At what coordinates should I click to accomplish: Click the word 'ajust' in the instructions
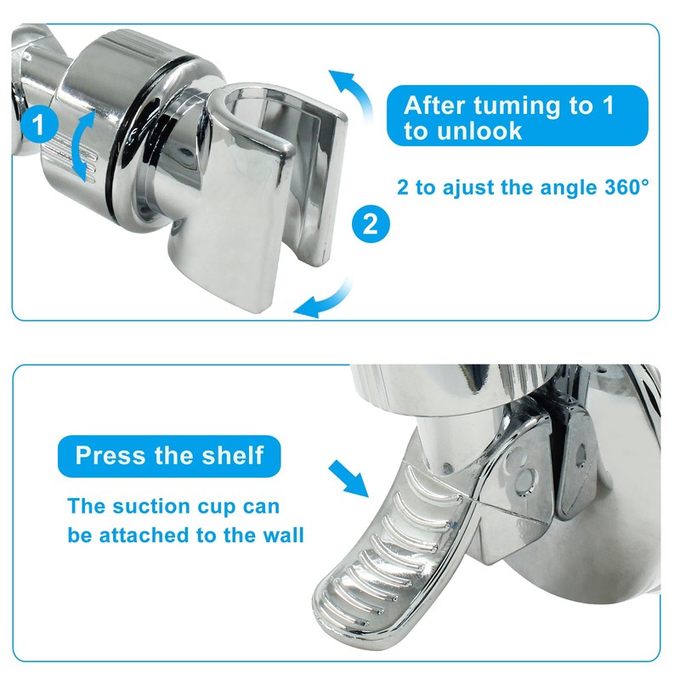click(x=456, y=187)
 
